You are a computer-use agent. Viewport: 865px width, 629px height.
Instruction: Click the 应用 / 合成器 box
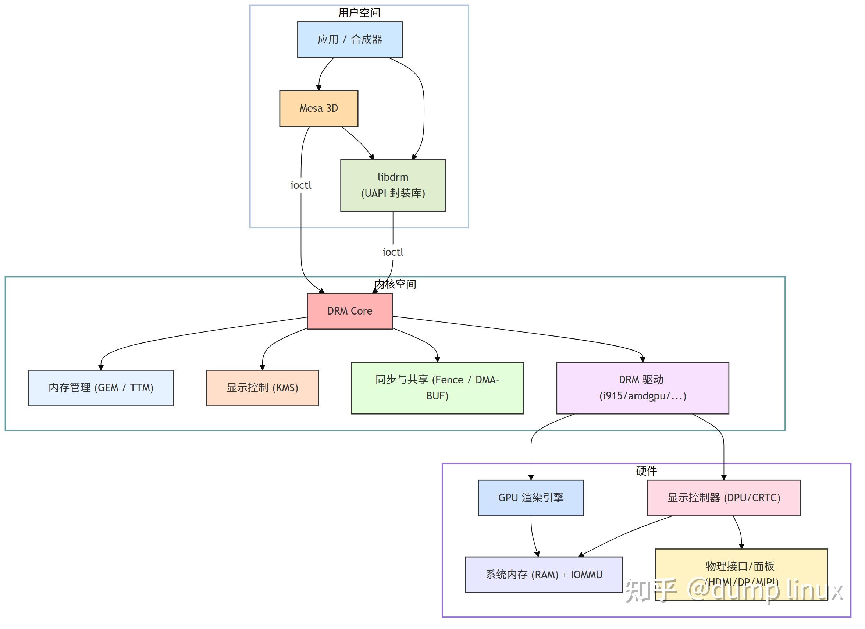pyautogui.click(x=349, y=40)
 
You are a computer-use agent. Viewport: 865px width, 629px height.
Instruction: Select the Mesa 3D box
pyautogui.click(x=318, y=109)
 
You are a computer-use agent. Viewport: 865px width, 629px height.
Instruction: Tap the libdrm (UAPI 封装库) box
pyautogui.click(x=392, y=185)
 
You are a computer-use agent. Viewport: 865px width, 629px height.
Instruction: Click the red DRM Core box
pyautogui.click(x=349, y=311)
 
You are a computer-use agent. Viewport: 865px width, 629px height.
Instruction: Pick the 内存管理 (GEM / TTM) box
pyautogui.click(x=101, y=388)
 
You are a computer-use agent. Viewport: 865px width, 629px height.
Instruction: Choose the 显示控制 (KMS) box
pyautogui.click(x=262, y=388)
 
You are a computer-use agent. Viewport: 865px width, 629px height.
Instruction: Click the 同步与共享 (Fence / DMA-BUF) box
pyautogui.click(x=437, y=388)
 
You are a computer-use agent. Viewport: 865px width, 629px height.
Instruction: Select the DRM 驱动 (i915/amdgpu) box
pyautogui.click(x=642, y=388)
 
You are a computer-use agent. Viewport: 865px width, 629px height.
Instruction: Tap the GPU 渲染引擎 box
pyautogui.click(x=531, y=498)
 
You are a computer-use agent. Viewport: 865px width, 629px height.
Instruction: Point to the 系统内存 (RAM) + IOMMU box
pyautogui.click(x=544, y=575)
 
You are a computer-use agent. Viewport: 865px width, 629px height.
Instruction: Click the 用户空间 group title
pyautogui.click(x=359, y=13)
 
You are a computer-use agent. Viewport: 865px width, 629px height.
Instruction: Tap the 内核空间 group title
pyautogui.click(x=395, y=284)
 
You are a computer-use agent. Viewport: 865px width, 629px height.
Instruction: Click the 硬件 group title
pyautogui.click(x=646, y=471)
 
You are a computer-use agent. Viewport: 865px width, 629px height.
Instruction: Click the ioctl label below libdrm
pyautogui.click(x=392, y=252)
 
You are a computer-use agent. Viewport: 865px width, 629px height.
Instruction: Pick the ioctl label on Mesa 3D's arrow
pyautogui.click(x=301, y=185)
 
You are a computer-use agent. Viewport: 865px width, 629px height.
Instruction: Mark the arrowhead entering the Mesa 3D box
pyautogui.click(x=319, y=88)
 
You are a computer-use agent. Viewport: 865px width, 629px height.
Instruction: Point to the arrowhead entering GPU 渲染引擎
pyautogui.click(x=531, y=477)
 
